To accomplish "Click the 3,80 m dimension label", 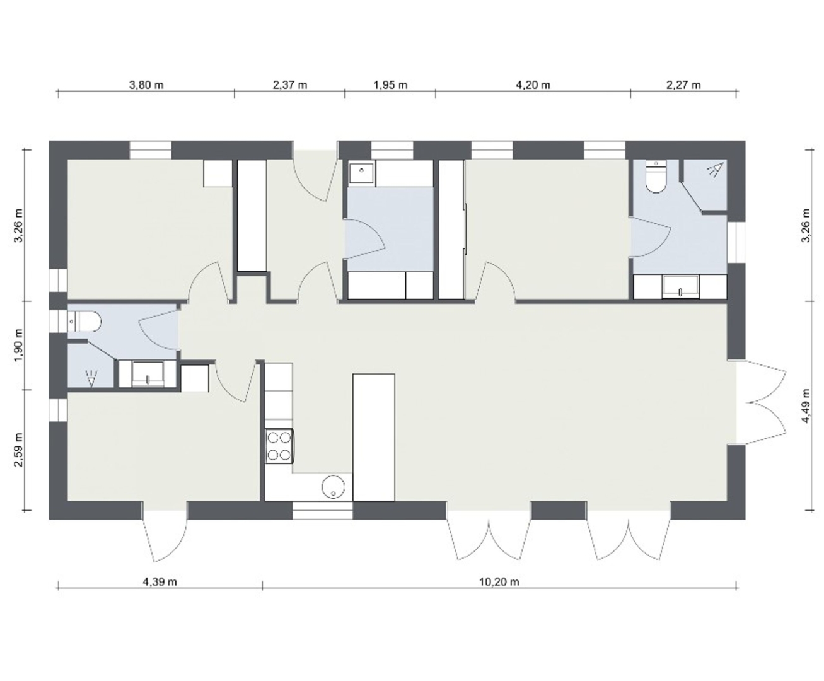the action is (x=146, y=85).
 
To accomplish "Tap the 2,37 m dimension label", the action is (x=289, y=85).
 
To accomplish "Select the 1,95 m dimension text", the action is (x=390, y=85).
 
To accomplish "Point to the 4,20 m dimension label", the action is (x=533, y=85).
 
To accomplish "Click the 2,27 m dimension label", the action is (x=683, y=85).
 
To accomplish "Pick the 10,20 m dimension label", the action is (x=499, y=582).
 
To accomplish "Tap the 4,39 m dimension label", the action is (x=160, y=582).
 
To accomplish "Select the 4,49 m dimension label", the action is (x=806, y=406).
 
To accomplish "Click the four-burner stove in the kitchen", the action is (x=279, y=446).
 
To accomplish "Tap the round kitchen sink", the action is (x=333, y=487).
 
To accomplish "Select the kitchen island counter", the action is (x=374, y=438).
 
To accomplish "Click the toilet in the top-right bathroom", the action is (x=656, y=177).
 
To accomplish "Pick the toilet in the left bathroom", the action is (x=84, y=322).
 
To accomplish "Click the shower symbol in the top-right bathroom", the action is (x=716, y=170).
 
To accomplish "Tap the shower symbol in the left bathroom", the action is (x=91, y=378).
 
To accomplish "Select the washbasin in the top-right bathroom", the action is (x=680, y=287).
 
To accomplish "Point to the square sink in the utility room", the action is (x=362, y=172).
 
